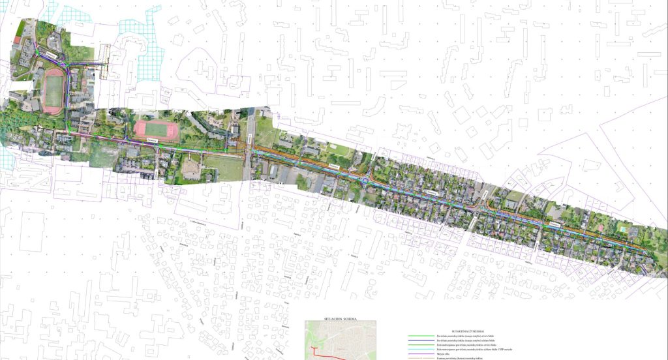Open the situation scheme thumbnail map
(341, 339)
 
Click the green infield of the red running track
(53, 91)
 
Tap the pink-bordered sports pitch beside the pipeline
(156, 129)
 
